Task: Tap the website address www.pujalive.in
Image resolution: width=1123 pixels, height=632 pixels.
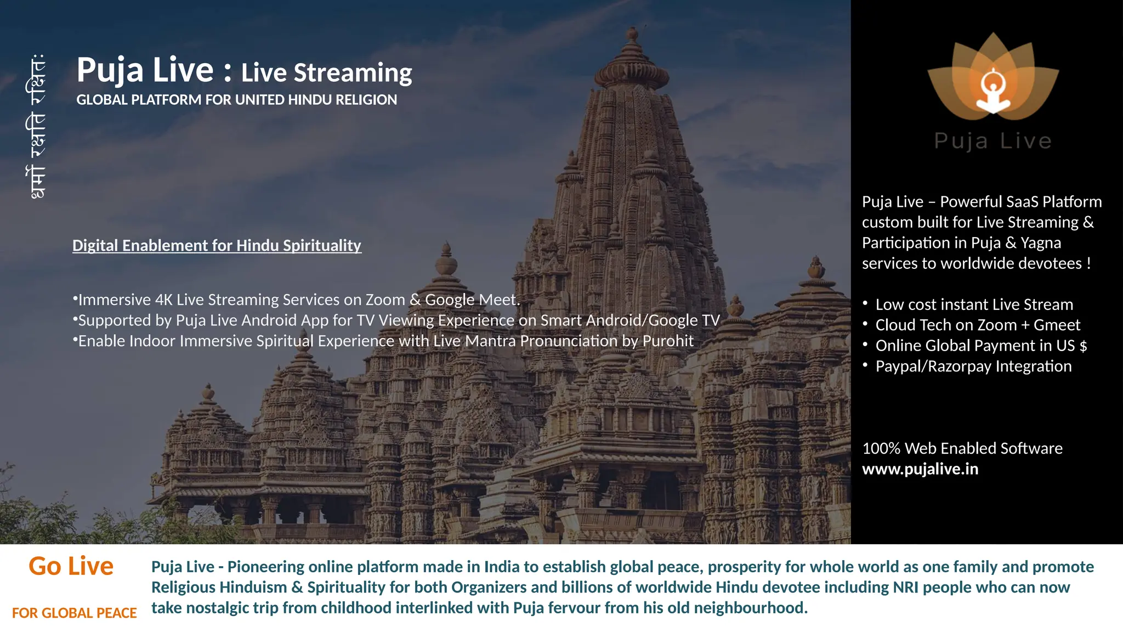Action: point(920,469)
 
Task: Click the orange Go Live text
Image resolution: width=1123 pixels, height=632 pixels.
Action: point(71,566)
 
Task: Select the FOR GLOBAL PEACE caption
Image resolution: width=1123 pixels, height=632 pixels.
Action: point(75,613)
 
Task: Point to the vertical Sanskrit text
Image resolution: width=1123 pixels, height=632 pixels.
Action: point(35,126)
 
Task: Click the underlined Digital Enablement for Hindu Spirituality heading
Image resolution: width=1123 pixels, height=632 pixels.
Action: point(217,245)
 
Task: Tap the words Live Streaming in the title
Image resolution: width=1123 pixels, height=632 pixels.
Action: point(326,73)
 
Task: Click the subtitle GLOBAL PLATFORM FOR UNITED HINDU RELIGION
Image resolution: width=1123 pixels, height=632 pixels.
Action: point(236,100)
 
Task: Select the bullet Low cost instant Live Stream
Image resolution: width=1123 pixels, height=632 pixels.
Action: point(974,304)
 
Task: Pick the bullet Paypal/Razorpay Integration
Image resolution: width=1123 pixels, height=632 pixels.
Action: point(973,366)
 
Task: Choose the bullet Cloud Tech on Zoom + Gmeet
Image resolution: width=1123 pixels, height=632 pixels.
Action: point(977,325)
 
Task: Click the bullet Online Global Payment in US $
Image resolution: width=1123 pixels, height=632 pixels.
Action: point(981,346)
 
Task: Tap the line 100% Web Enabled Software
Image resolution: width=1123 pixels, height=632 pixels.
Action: point(962,448)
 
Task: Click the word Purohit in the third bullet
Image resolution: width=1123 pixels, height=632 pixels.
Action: point(668,341)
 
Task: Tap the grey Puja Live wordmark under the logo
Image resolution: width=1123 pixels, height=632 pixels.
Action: point(992,141)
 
